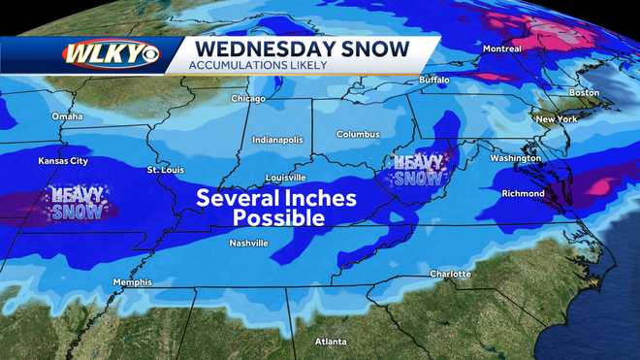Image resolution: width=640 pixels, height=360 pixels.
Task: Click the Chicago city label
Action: tap(248, 99)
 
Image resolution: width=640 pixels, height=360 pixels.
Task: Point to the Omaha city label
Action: tap(68, 117)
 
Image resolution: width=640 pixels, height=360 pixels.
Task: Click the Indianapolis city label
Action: tap(276, 140)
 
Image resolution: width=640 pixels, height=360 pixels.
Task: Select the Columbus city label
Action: tap(358, 134)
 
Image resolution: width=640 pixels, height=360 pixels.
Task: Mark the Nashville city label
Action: tap(248, 243)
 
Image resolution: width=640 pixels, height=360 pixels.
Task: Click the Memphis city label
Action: tap(132, 282)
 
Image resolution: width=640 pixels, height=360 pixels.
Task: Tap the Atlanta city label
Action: tap(332, 341)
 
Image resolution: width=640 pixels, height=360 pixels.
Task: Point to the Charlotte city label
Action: tap(450, 274)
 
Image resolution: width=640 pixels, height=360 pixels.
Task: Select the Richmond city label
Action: tap(523, 193)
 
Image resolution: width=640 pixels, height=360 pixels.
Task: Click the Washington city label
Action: tap(515, 157)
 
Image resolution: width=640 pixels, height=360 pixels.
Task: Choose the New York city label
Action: tap(557, 118)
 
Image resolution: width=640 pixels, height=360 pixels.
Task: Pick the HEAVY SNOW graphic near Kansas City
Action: tap(76, 203)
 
